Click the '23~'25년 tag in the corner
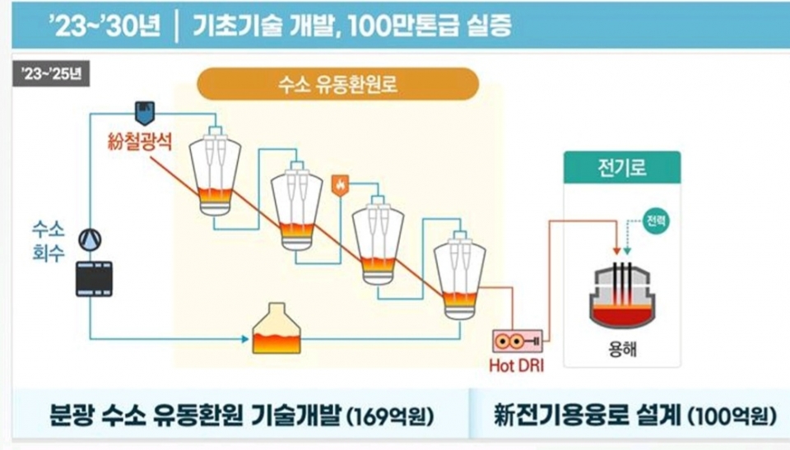click(51, 72)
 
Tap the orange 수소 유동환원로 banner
click(337, 84)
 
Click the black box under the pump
click(94, 277)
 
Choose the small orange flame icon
click(337, 186)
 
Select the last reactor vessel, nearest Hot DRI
click(456, 276)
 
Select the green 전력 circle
click(656, 220)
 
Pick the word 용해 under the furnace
click(620, 350)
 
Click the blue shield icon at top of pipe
click(143, 109)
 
